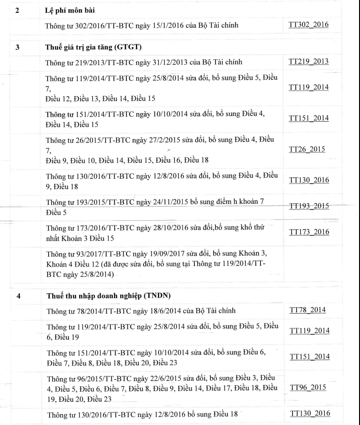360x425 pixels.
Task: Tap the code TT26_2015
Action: (x=307, y=149)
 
